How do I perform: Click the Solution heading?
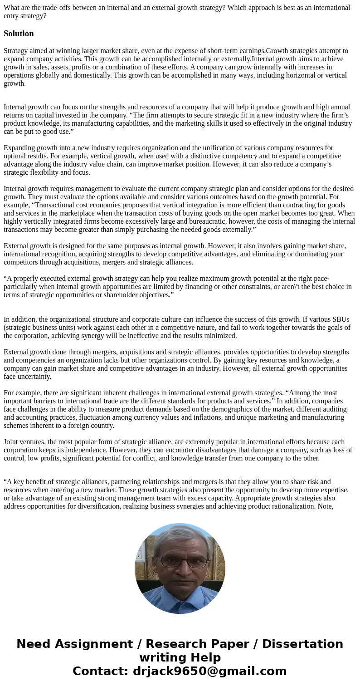point(19,34)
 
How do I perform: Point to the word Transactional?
point(57,205)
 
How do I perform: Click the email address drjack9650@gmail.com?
point(210,671)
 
